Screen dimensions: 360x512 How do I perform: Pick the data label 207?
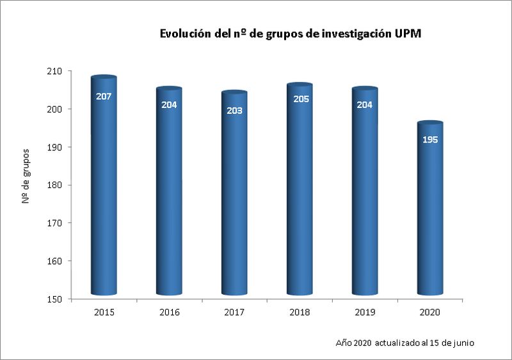104,97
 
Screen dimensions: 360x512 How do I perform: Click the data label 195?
430,139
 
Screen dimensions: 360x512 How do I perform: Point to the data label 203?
234,111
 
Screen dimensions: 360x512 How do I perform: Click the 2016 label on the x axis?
169,312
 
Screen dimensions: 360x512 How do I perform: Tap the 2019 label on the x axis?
365,312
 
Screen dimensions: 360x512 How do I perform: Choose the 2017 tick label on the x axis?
234,312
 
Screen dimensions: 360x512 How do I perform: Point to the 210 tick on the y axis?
62,71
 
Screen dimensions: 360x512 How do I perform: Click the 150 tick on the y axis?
62,299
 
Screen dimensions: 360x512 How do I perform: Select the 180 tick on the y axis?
62,185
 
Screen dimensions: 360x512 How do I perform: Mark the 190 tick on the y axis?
62,147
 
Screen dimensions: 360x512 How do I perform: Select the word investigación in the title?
355,34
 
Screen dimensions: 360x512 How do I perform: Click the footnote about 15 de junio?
404,343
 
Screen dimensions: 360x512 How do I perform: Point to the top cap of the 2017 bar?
234,93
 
